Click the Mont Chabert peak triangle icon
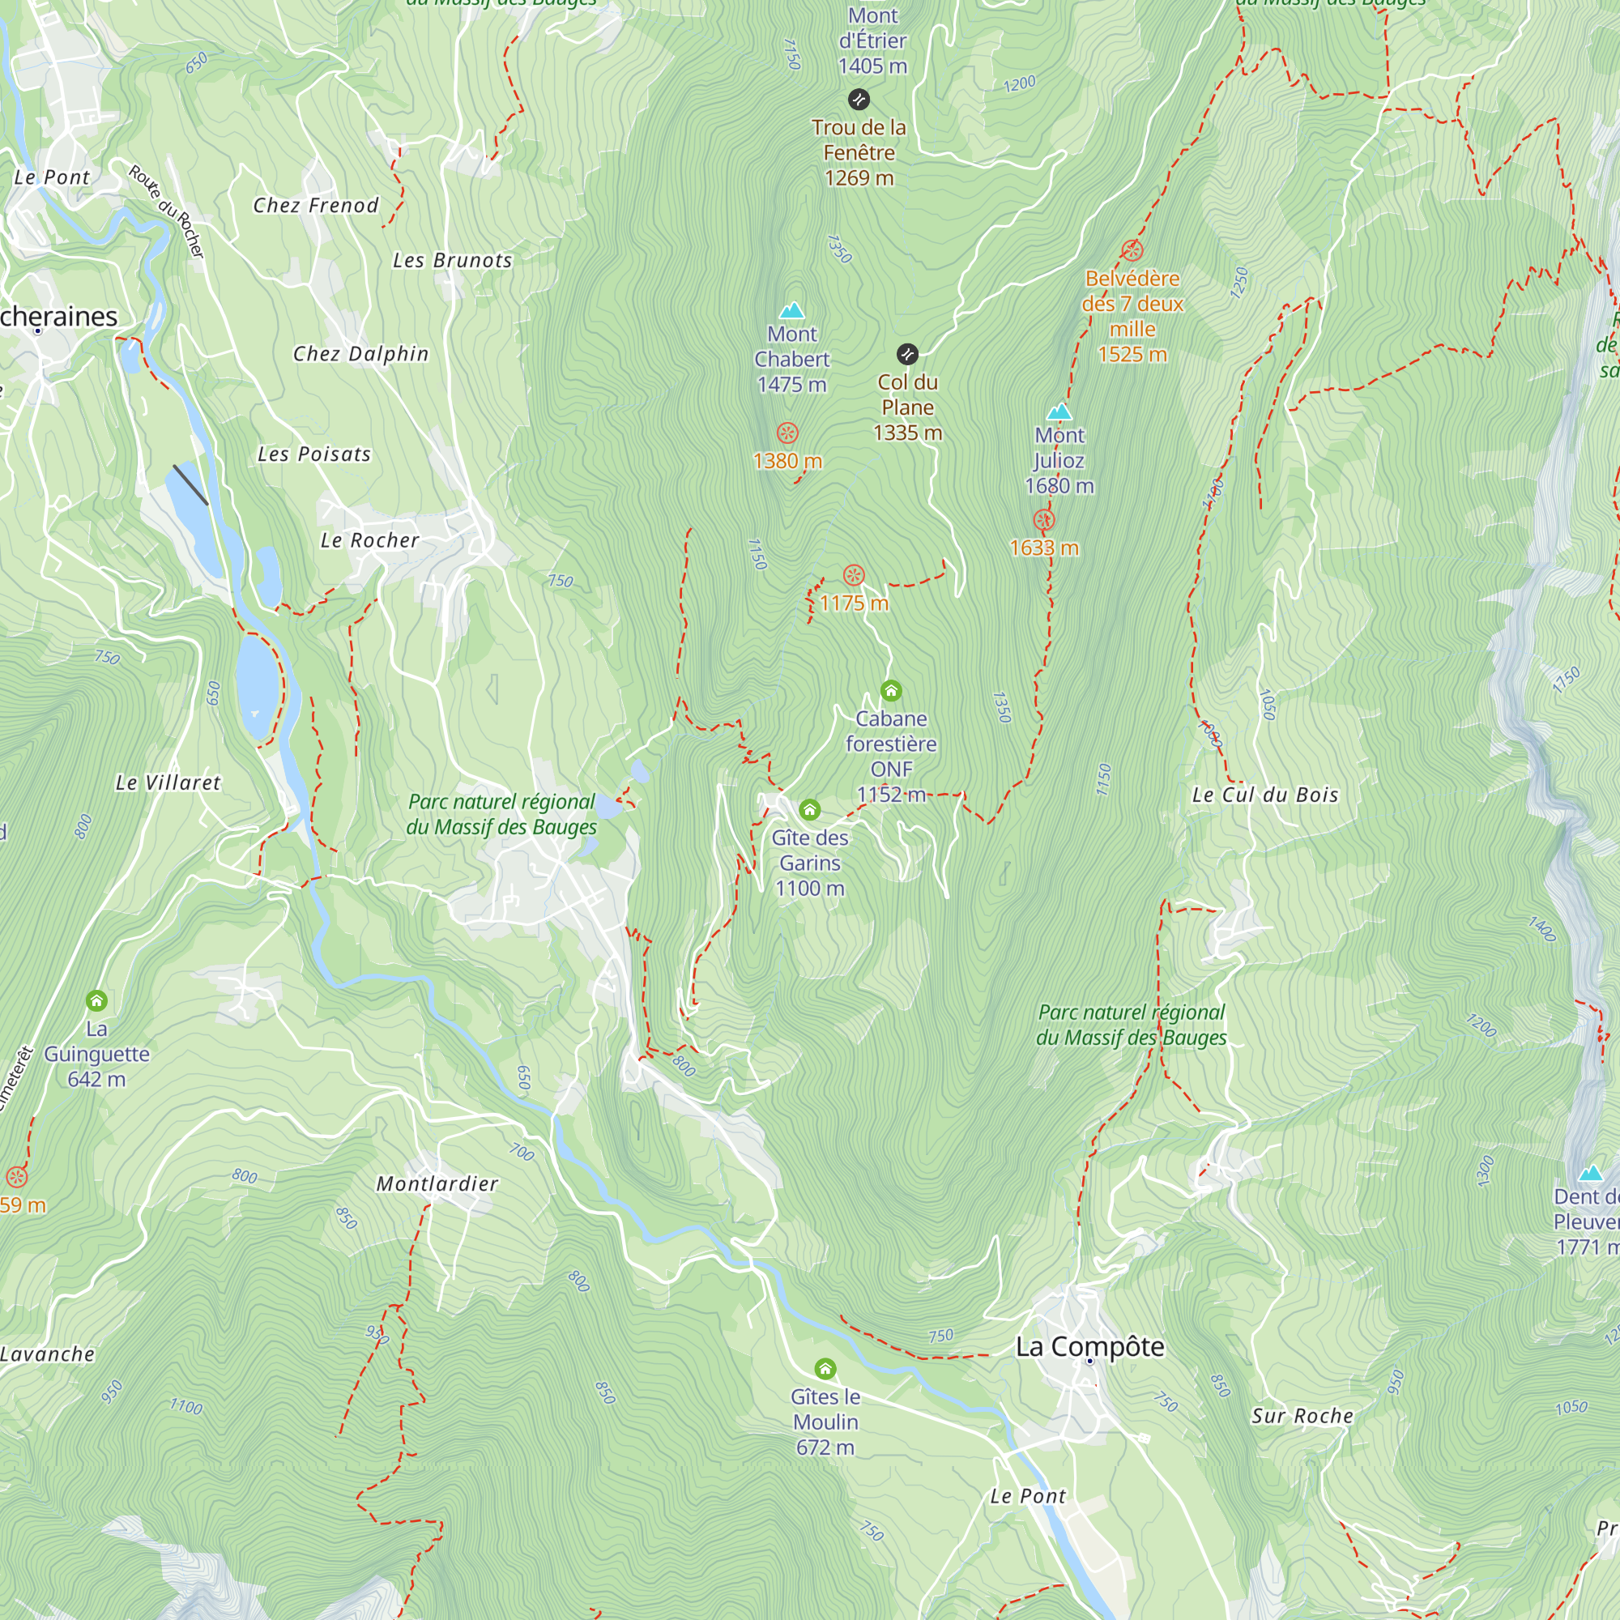tap(791, 311)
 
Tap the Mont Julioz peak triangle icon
tap(1059, 411)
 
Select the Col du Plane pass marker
tap(907, 354)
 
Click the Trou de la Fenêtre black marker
tap(859, 100)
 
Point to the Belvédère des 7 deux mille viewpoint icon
tap(1132, 249)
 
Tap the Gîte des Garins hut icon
tap(809, 809)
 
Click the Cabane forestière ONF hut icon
tap(890, 691)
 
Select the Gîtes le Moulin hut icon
tap(825, 1368)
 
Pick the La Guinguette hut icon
tap(96, 1000)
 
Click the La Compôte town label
tap(1090, 1347)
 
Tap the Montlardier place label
tap(437, 1184)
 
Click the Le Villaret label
tap(168, 783)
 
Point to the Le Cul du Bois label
tap(1265, 795)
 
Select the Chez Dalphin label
tap(360, 354)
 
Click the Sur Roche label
tap(1302, 1416)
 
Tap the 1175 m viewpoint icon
tap(854, 575)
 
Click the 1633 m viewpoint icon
tap(1043, 520)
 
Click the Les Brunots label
tap(452, 261)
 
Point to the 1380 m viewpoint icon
tap(787, 433)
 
